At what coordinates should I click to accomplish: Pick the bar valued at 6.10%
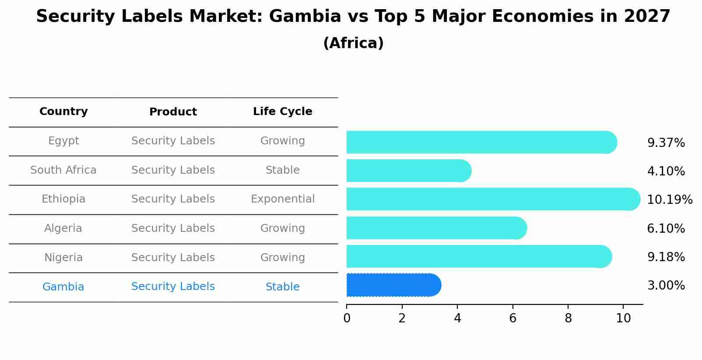436,228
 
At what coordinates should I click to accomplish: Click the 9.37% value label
666,143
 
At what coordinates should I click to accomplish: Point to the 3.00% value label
666,286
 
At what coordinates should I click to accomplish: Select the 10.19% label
669,200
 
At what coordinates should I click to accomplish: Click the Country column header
63,112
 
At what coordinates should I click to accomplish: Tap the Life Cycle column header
282,112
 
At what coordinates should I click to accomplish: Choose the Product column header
173,112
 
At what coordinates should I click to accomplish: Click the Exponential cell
282,199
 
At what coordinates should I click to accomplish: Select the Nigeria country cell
63,258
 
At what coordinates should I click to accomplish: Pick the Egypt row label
63,141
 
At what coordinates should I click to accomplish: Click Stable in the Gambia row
282,287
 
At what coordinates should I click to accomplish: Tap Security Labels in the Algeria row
173,228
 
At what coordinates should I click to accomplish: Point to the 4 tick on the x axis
457,318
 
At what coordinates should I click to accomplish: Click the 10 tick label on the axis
623,318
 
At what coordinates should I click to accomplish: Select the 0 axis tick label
347,318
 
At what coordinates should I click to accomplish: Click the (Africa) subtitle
353,43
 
